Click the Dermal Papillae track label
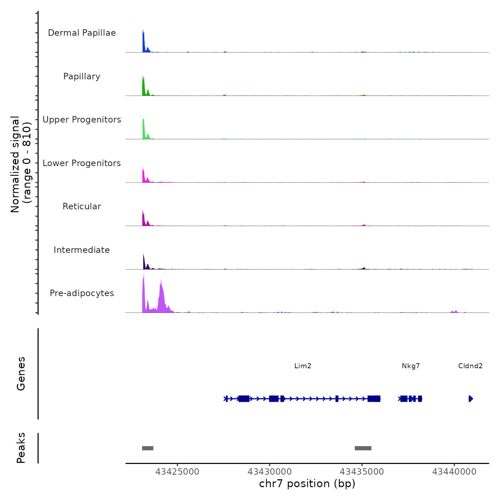(82, 33)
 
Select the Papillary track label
(82, 76)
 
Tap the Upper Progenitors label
(82, 120)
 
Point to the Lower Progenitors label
(82, 163)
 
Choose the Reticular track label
(82, 206)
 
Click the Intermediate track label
(82, 250)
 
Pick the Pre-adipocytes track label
(82, 293)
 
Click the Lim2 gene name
(303, 366)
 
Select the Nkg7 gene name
(411, 366)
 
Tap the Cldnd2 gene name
(470, 366)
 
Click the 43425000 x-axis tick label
(177, 472)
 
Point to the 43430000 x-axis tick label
(270, 472)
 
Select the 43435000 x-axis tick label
(362, 472)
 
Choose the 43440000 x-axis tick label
(454, 472)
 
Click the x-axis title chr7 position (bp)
(307, 484)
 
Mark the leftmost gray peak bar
(148, 448)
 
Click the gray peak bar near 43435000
(363, 448)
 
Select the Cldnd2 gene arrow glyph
(471, 399)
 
